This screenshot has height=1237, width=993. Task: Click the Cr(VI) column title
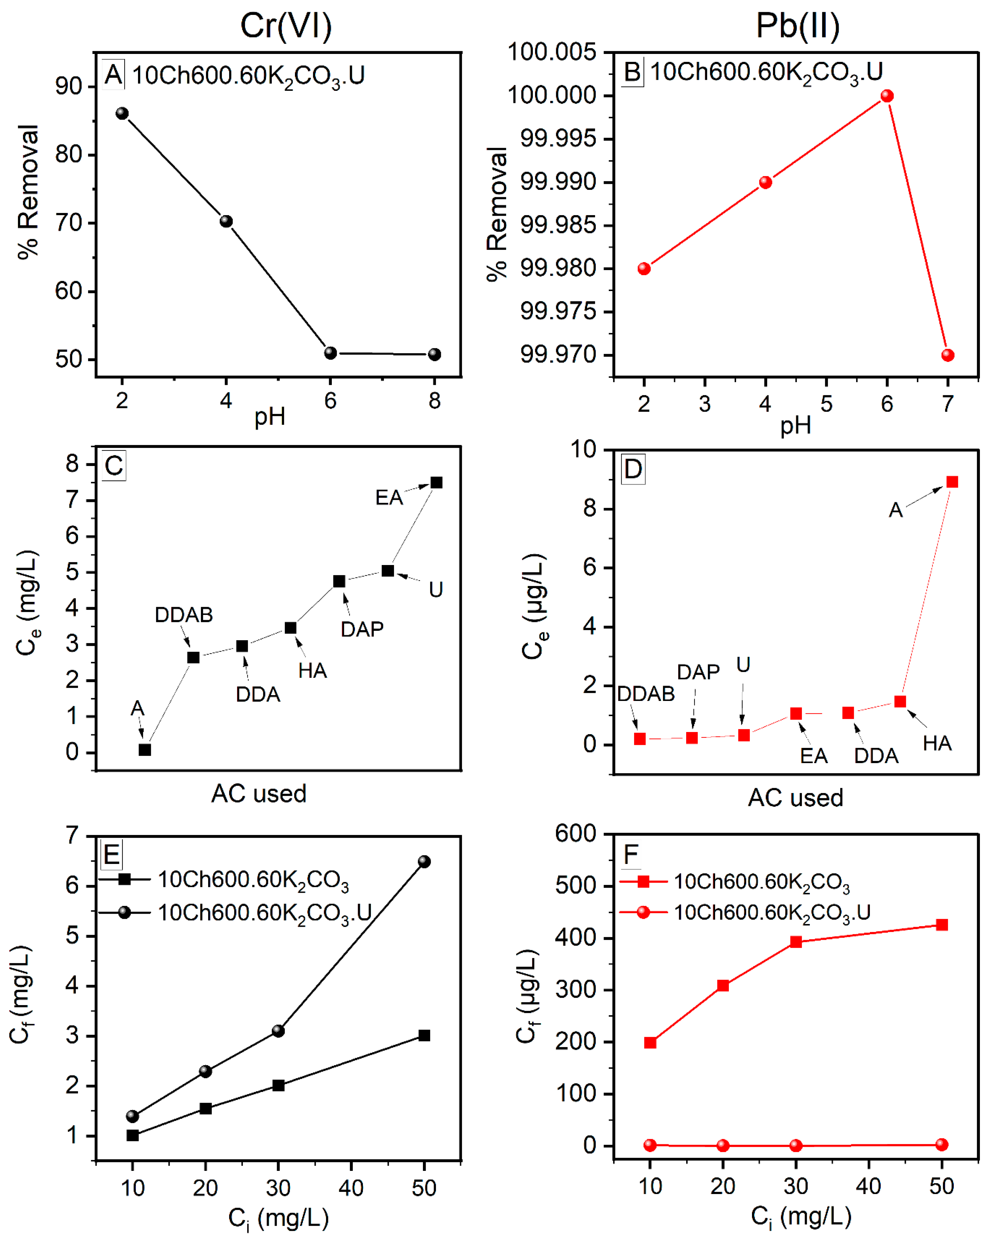286,26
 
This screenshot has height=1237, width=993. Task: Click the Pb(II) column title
797,26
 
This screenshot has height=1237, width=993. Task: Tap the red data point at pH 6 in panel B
887,96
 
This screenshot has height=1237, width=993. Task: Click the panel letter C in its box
114,465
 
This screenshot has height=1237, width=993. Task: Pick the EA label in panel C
389,497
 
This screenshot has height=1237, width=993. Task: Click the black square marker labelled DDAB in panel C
193,658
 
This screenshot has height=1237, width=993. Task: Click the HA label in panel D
937,744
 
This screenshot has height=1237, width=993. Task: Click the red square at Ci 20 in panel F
723,986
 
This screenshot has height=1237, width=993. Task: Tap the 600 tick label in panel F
575,834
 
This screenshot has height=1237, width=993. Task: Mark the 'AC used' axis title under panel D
795,798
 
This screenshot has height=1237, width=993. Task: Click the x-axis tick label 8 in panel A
434,400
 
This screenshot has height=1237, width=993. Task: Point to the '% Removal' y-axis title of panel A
27,192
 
